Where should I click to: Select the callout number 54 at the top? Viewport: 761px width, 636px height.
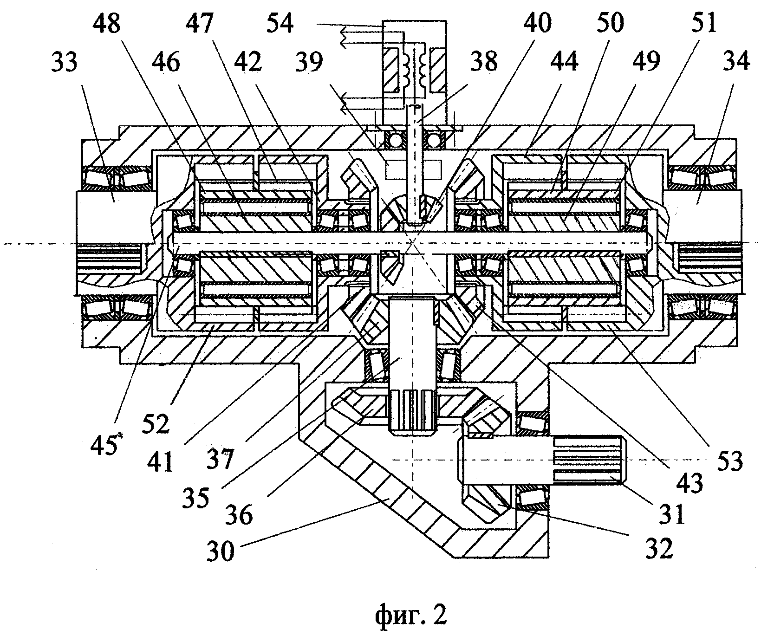point(280,23)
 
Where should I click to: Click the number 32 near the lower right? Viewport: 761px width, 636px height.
point(658,551)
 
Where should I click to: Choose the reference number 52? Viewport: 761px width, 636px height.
point(157,423)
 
